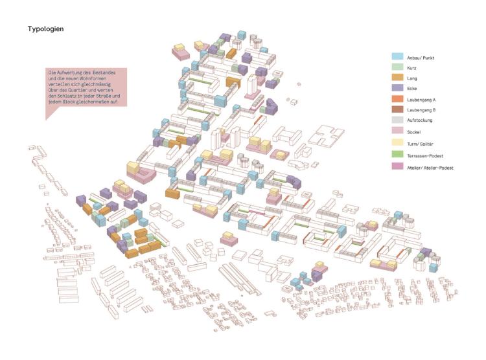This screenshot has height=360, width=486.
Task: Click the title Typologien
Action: [x=45, y=29]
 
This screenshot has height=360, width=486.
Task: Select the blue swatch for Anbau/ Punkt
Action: [x=399, y=57]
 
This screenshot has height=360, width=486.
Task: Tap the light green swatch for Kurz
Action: [x=399, y=67]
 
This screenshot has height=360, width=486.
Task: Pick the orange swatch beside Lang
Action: [x=399, y=78]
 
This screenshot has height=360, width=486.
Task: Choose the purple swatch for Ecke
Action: [x=399, y=88]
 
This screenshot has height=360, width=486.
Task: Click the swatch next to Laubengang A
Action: [x=399, y=100]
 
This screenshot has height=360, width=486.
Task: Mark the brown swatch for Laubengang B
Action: [x=399, y=111]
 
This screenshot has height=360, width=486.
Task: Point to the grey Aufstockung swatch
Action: [x=399, y=121]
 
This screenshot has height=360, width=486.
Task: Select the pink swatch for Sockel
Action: [x=399, y=132]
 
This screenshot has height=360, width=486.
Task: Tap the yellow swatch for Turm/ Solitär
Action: [x=399, y=143]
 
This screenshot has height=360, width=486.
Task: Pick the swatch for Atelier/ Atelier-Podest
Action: [x=399, y=167]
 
